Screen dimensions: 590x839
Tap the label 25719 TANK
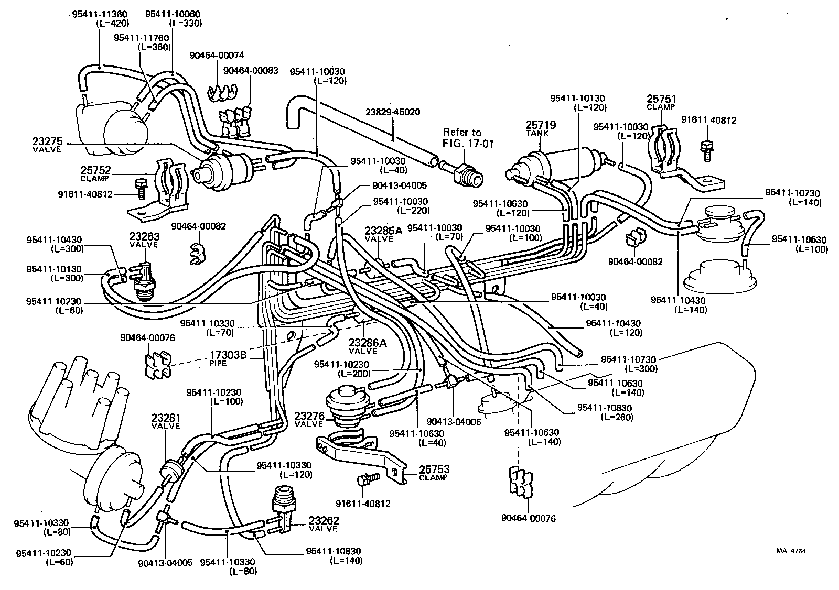point(541,128)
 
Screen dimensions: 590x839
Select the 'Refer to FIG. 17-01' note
point(462,137)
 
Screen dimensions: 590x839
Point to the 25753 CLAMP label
point(434,473)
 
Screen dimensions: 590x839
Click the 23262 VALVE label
point(324,524)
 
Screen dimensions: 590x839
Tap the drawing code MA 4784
point(791,551)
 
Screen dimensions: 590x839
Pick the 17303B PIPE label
point(228,358)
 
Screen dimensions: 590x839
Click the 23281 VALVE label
point(166,421)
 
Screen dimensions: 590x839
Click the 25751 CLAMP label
point(661,102)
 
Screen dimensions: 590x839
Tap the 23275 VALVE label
point(46,144)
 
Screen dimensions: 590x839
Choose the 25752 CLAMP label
point(94,173)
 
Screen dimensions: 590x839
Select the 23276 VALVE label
point(309,420)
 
